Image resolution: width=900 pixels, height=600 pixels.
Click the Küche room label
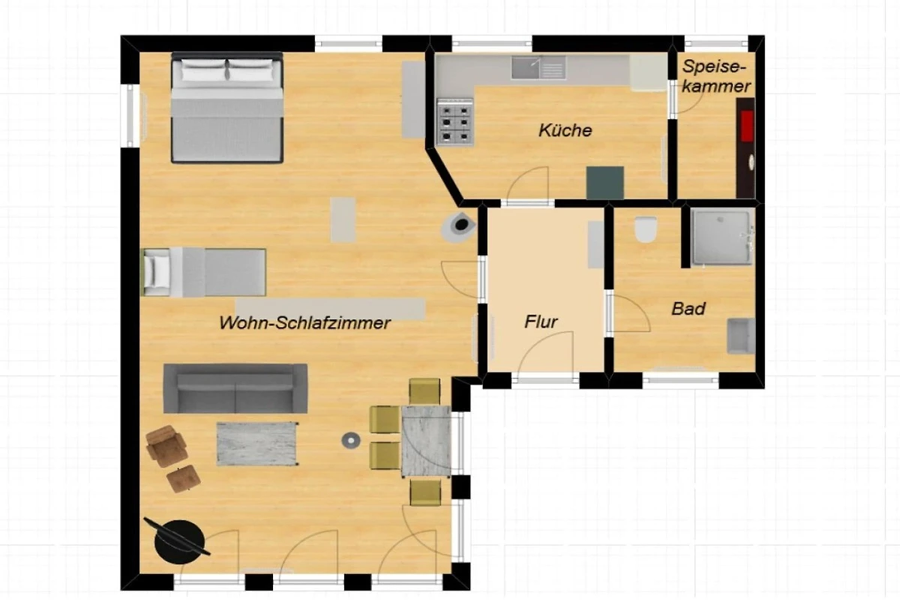point(565,130)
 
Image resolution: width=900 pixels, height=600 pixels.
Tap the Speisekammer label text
point(716,76)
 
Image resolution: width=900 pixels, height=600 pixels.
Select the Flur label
point(541,322)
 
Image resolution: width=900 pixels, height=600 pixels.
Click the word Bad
point(688,309)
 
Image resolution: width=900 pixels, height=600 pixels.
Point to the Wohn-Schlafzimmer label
point(305,322)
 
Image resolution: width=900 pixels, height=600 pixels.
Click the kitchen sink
point(538,68)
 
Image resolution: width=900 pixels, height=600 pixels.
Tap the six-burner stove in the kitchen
point(455,121)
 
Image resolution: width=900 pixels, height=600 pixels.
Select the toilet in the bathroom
point(645,229)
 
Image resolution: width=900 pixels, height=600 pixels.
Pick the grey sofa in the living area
point(235,388)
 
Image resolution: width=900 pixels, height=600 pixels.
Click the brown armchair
point(166,446)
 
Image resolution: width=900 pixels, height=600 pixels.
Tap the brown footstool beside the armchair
point(184,478)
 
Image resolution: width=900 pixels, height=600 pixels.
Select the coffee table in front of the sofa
point(257,444)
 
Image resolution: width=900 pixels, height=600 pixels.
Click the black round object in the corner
point(179,541)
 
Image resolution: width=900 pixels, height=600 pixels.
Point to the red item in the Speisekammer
point(747,127)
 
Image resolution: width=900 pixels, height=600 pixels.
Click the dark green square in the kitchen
point(605,183)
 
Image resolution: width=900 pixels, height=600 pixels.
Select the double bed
point(227,108)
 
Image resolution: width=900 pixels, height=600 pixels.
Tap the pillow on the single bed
point(156,272)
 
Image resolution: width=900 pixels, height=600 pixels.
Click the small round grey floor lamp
point(351,440)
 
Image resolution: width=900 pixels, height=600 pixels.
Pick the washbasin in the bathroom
point(741,336)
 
